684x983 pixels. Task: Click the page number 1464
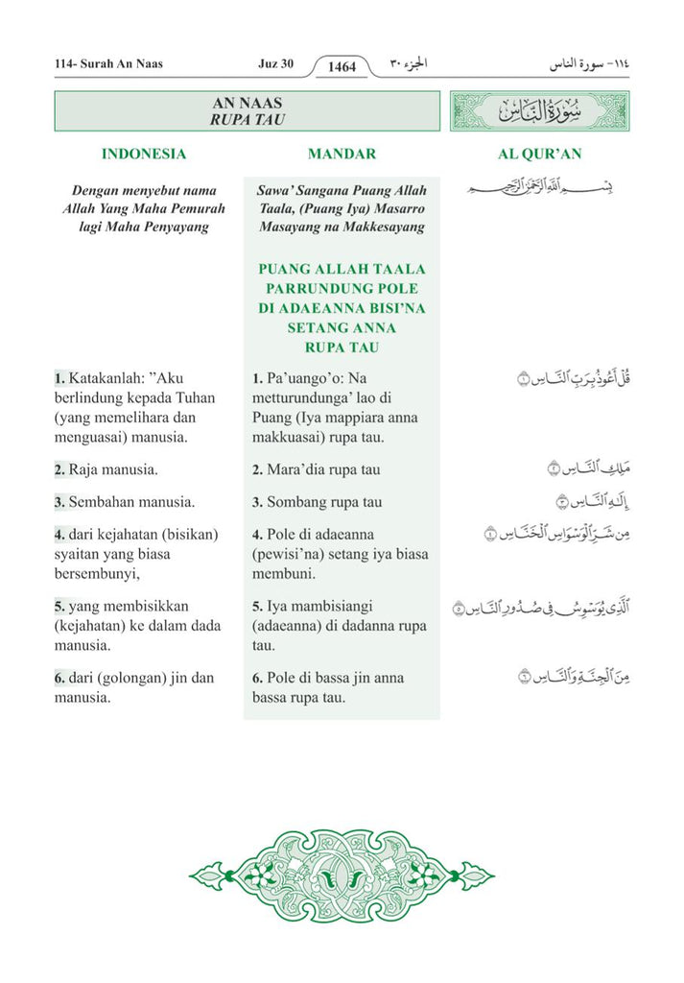(342, 67)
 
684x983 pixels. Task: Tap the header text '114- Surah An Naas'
(109, 64)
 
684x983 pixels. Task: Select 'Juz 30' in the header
(275, 64)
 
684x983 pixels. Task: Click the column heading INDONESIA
(144, 154)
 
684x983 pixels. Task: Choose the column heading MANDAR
(342, 154)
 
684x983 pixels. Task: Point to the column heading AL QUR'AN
(540, 154)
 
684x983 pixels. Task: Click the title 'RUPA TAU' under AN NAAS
(248, 120)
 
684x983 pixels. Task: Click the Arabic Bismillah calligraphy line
(540, 187)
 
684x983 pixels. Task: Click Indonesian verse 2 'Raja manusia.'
(106, 470)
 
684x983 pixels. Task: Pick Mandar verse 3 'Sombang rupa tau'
(317, 502)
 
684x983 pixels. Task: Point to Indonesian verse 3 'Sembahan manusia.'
(125, 502)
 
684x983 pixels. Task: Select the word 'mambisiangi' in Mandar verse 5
(322, 607)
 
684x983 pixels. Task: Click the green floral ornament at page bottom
(342, 874)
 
